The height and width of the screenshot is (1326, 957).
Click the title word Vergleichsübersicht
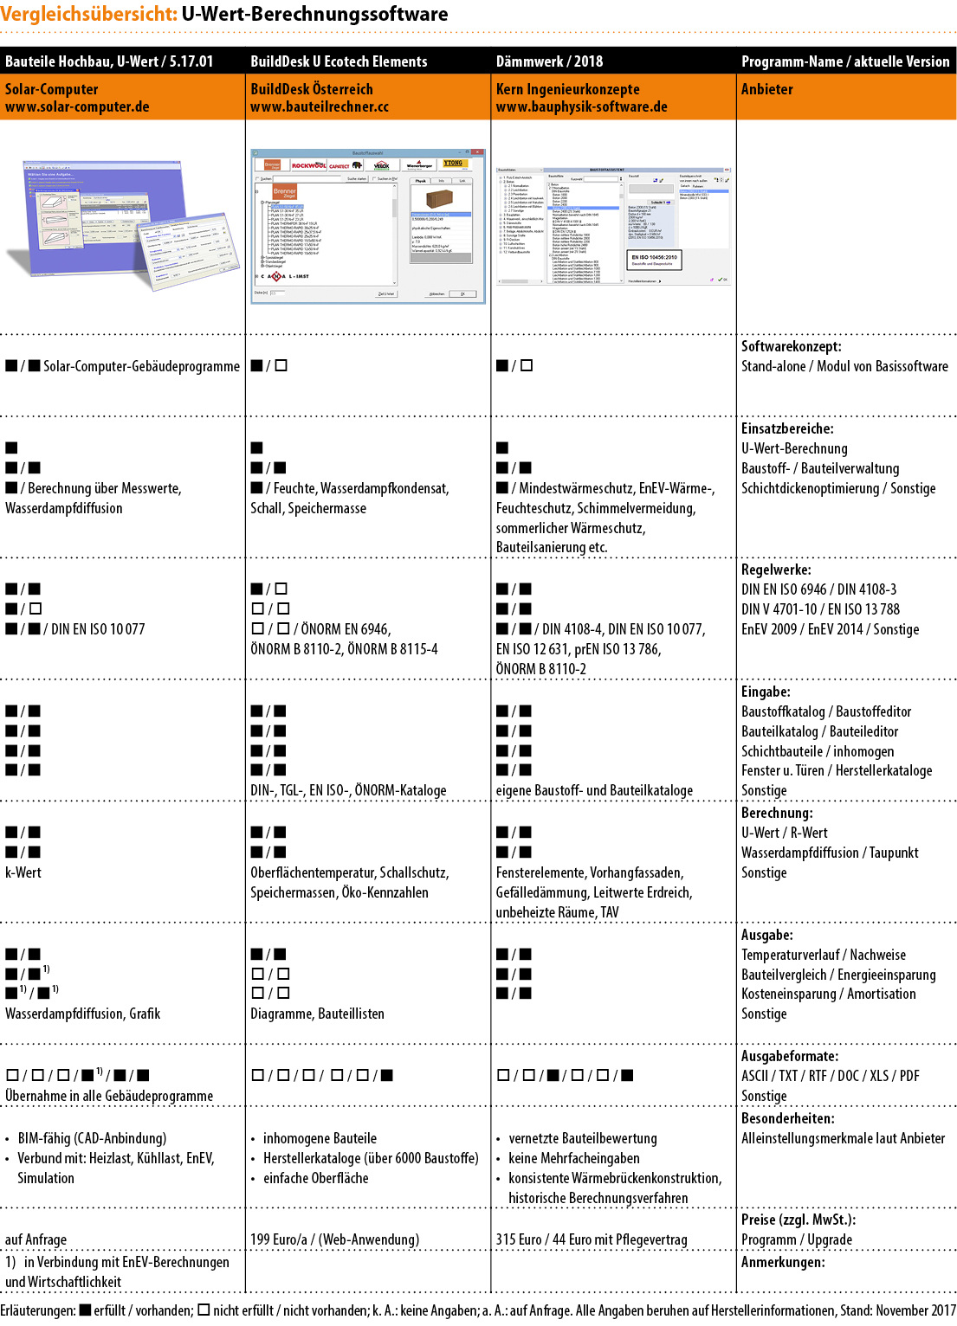[x=88, y=15]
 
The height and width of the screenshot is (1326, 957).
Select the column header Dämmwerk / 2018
[x=549, y=61]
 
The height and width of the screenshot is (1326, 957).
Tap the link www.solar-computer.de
[x=77, y=107]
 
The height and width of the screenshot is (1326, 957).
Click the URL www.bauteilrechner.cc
[x=320, y=107]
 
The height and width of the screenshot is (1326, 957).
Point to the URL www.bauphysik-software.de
[x=581, y=107]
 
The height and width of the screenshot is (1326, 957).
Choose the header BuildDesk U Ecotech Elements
[x=339, y=61]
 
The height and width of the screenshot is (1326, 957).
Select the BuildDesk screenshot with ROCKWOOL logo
[x=368, y=226]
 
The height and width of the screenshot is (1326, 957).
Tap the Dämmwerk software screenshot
[x=613, y=225]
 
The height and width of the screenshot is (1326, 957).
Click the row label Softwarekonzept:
[x=791, y=346]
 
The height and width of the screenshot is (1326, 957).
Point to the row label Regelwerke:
[x=776, y=570]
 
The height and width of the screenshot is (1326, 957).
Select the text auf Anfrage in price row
[x=36, y=1239]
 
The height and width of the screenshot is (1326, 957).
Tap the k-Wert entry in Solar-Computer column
[x=23, y=872]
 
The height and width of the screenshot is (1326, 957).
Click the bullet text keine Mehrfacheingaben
[x=574, y=1158]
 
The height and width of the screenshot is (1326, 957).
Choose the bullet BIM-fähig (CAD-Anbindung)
[x=92, y=1138]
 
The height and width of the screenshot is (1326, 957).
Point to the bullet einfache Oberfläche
[x=315, y=1178]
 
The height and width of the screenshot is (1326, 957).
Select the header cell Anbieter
[x=766, y=89]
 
